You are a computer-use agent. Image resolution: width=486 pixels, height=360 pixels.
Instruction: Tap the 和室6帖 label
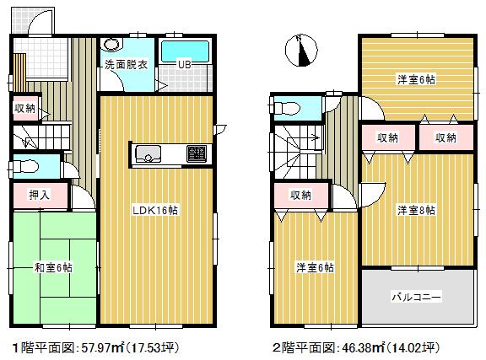click(x=53, y=267)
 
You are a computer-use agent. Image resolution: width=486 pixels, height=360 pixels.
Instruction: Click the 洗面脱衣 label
click(x=125, y=62)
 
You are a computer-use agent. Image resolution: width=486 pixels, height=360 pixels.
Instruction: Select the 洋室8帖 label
click(x=417, y=210)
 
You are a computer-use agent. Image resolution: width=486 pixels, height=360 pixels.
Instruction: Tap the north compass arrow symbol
click(x=301, y=51)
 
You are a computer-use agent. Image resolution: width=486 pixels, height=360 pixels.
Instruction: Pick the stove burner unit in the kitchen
click(x=195, y=153)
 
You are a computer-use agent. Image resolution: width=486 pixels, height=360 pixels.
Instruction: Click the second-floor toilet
click(x=285, y=107)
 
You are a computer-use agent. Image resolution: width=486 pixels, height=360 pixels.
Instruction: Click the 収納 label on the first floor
click(x=24, y=108)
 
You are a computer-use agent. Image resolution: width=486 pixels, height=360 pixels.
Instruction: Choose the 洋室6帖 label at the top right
click(x=417, y=80)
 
